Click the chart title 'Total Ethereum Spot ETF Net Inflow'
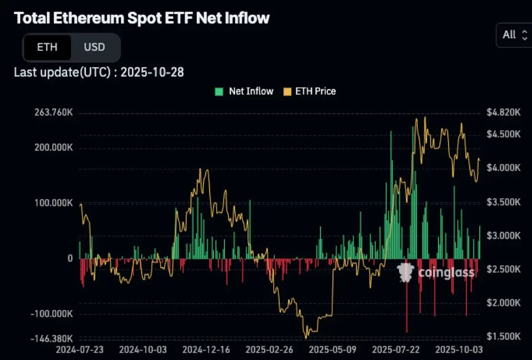[x=142, y=18]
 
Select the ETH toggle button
[x=47, y=48]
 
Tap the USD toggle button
[x=95, y=48]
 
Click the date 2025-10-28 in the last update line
[x=152, y=72]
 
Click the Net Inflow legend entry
[x=245, y=91]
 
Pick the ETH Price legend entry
[x=310, y=91]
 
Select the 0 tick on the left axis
[x=70, y=258]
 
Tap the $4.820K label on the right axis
[x=503, y=113]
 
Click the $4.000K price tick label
[x=503, y=168]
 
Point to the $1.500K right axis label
[x=503, y=336]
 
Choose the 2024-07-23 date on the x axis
[x=79, y=349]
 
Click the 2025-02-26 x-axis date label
[x=269, y=349]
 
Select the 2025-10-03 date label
[x=459, y=349]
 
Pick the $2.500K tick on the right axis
[x=503, y=269]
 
